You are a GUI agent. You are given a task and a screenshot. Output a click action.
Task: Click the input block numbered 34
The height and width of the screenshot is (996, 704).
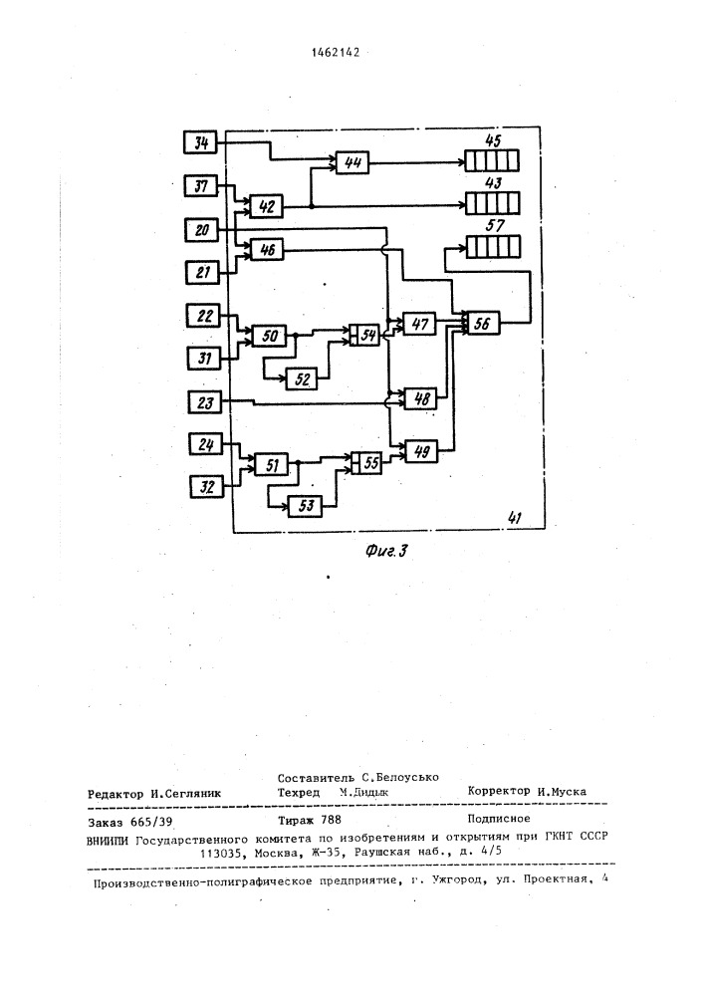(x=200, y=142)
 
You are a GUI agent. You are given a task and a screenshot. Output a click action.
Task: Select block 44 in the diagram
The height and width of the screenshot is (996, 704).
(x=352, y=162)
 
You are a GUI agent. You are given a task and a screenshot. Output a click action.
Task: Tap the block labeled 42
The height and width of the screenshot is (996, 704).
(x=267, y=206)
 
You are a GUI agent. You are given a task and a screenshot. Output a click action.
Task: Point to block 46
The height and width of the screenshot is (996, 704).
(x=267, y=250)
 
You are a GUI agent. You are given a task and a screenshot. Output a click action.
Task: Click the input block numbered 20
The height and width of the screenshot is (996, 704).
(x=202, y=229)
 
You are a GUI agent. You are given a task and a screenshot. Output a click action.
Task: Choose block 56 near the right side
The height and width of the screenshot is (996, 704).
(x=483, y=323)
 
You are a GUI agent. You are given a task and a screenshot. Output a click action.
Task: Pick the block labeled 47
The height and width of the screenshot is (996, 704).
(x=419, y=324)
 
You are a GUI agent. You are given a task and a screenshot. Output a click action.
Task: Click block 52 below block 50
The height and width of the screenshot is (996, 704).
(x=302, y=379)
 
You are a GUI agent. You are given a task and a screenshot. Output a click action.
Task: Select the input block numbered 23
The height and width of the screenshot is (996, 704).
(x=205, y=402)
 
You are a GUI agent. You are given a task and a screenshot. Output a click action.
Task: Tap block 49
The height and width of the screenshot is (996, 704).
(x=421, y=451)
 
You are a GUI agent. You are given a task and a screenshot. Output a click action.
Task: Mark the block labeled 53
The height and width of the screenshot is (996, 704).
(x=306, y=506)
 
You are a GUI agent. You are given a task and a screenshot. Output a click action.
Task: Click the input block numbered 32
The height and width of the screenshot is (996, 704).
(x=207, y=487)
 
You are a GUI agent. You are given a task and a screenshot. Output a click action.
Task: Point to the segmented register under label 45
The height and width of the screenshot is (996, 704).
(x=491, y=160)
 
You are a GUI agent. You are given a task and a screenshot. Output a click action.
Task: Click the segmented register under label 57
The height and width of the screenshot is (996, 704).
(x=493, y=246)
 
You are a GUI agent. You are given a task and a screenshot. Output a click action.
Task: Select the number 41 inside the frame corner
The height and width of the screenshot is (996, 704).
(x=514, y=518)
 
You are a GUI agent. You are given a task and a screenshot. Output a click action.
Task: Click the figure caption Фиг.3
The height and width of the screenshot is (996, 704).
(x=386, y=551)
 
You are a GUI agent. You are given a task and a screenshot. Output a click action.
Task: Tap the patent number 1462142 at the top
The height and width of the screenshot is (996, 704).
(x=336, y=53)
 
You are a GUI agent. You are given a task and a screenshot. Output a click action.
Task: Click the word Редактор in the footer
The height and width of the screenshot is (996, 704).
(x=116, y=794)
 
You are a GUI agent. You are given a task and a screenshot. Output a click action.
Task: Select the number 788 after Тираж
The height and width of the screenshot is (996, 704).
(x=332, y=820)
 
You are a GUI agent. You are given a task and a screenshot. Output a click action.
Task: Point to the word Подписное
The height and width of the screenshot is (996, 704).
(x=499, y=818)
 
